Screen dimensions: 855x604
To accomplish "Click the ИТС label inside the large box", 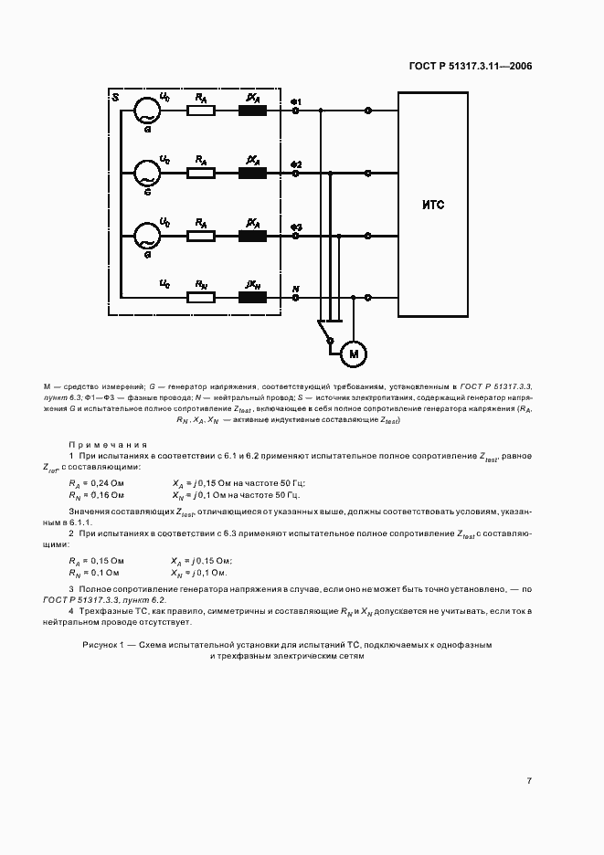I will coord(433,205).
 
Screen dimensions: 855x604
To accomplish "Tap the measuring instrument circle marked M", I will coord(352,353).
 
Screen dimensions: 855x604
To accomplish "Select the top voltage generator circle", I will coord(145,111).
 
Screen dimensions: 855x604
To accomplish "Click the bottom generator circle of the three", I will coord(145,235).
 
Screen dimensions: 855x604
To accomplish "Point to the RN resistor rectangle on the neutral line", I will coord(200,296).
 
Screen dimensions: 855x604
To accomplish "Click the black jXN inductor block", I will coord(252,296).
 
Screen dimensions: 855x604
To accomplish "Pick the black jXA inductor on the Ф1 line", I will coord(252,111).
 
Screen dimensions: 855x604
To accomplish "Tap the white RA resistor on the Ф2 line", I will coord(200,173).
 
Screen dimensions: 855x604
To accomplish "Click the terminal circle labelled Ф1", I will coord(296,111).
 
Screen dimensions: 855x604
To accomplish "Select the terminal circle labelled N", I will coord(296,297).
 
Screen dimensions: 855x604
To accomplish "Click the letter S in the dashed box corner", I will coord(114,97).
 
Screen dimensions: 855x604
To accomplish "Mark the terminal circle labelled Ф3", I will coord(296,235).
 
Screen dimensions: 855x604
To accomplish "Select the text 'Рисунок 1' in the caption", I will coord(106,644).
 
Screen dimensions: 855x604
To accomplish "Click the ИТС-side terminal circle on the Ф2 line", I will coord(368,173).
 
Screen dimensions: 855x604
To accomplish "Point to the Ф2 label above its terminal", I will coord(296,163).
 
